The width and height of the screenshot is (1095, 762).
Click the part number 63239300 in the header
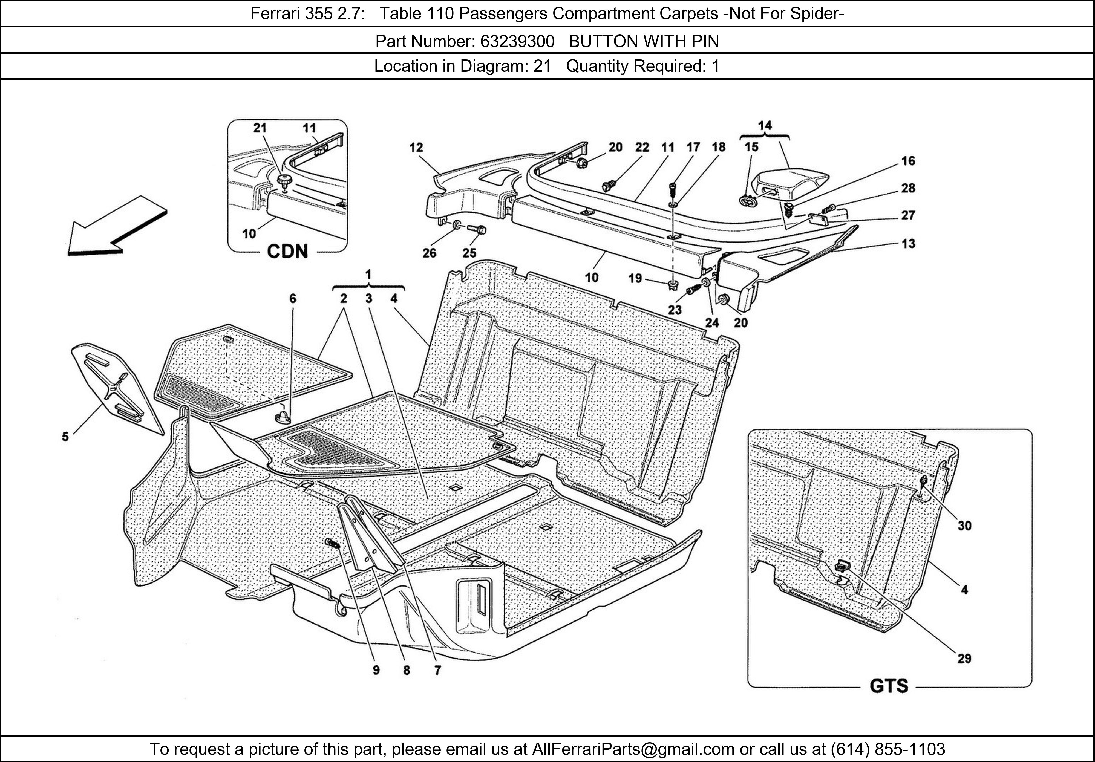point(517,42)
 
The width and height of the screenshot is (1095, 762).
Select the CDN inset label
point(287,251)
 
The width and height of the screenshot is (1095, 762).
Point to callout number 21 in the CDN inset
point(260,128)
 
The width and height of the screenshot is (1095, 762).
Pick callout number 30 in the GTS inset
point(964,526)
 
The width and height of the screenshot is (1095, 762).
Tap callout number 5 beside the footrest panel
point(65,436)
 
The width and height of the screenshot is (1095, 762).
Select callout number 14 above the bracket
point(765,125)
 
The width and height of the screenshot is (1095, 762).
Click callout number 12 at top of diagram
point(416,147)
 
